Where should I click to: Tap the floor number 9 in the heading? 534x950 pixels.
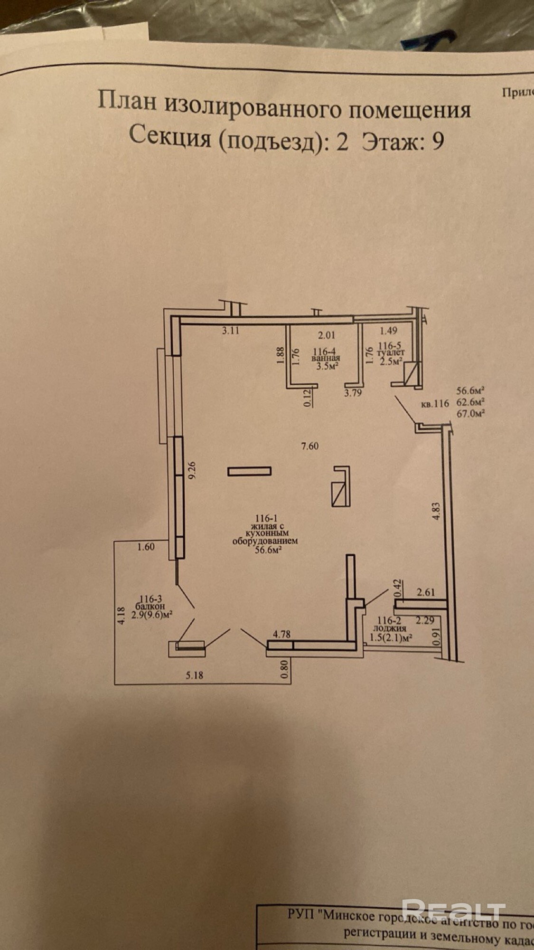click(x=437, y=141)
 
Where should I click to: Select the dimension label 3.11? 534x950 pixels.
click(x=231, y=331)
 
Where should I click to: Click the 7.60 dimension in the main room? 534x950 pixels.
click(x=309, y=446)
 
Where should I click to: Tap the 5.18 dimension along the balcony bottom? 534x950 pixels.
click(x=195, y=674)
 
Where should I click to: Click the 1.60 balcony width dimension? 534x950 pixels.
click(x=146, y=547)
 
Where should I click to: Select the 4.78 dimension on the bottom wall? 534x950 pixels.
click(x=281, y=634)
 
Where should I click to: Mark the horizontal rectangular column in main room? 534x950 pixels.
click(x=249, y=471)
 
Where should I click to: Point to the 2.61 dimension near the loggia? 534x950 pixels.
click(x=426, y=592)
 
